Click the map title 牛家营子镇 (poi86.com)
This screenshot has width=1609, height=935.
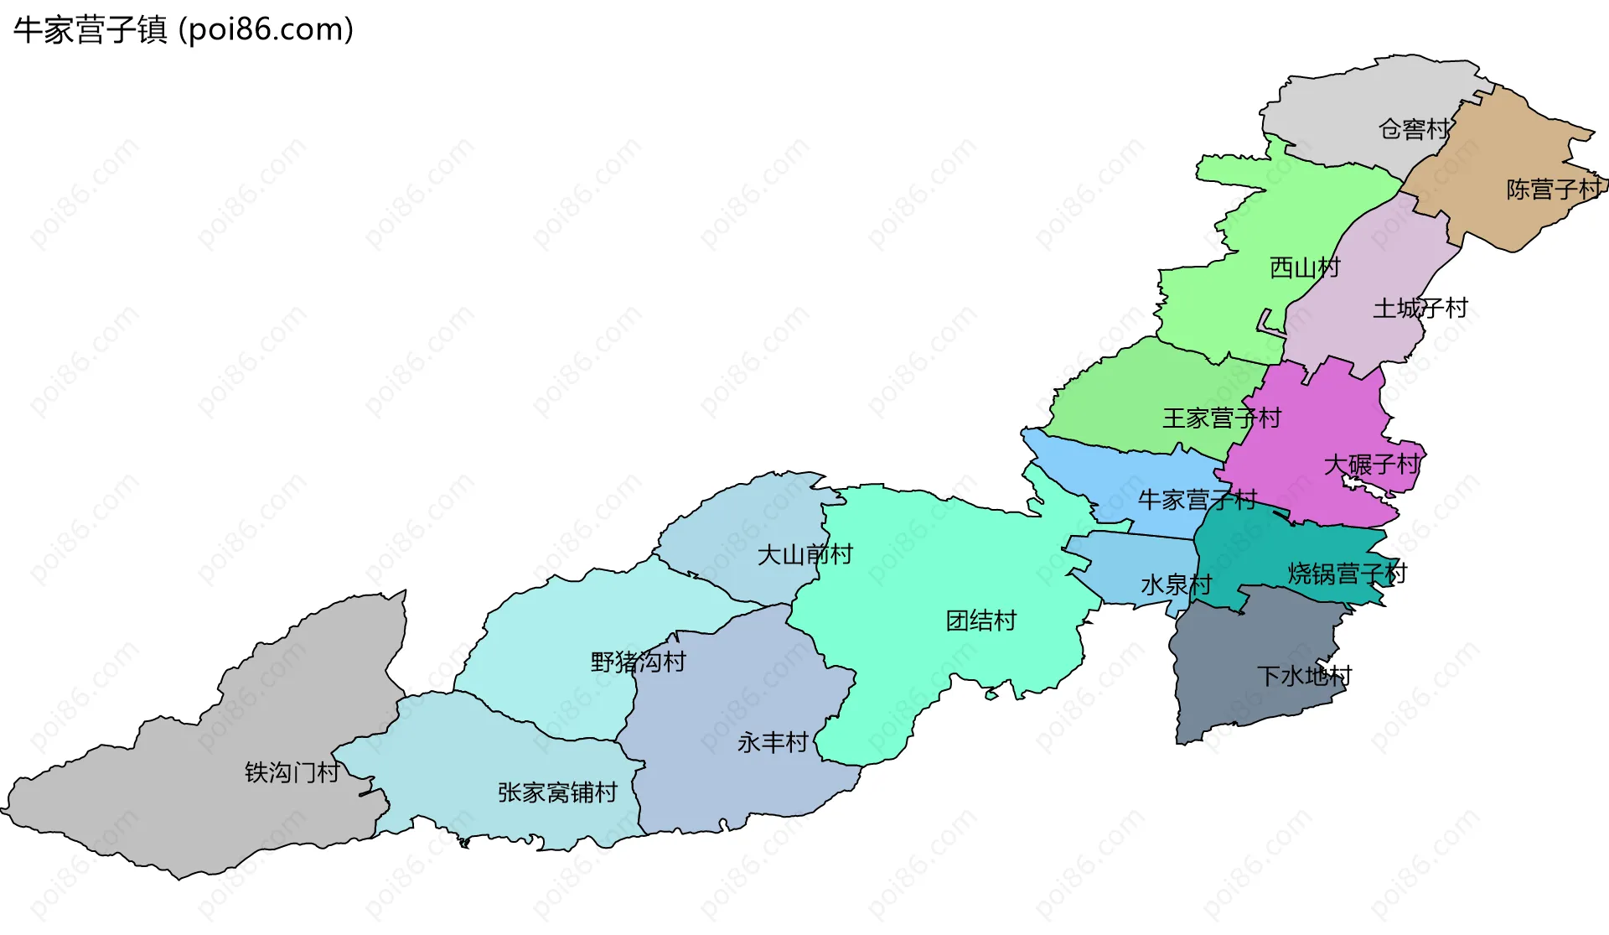click(x=184, y=30)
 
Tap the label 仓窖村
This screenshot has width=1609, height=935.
click(x=1414, y=129)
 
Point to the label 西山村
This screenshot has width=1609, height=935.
click(x=1305, y=268)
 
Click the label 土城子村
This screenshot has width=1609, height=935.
click(x=1420, y=309)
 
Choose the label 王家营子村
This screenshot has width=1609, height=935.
click(x=1222, y=418)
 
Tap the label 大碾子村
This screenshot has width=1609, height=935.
click(x=1372, y=465)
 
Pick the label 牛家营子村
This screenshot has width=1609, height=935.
click(x=1197, y=501)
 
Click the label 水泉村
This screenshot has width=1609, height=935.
click(x=1176, y=585)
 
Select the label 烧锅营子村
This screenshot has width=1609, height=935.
click(x=1347, y=574)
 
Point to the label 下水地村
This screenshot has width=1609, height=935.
click(x=1304, y=676)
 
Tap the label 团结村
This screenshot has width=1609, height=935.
click(x=980, y=621)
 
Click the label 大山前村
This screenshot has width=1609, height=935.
click(x=804, y=555)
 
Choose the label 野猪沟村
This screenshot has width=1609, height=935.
click(x=638, y=662)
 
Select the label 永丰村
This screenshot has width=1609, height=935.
click(x=773, y=743)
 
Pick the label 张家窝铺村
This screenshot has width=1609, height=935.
click(x=557, y=792)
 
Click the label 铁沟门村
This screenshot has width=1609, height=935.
click(x=292, y=772)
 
